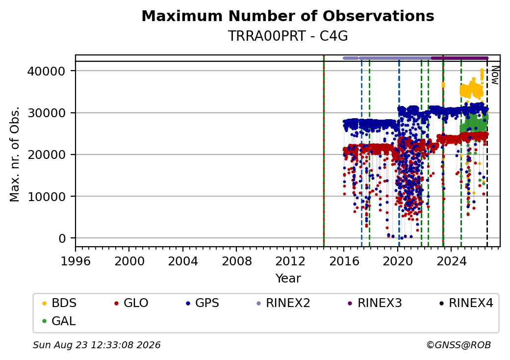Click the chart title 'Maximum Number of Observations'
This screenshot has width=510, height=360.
(288, 16)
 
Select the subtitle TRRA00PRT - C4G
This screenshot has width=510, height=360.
(288, 36)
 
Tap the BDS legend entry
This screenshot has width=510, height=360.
(59, 303)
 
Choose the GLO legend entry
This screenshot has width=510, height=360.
(131, 303)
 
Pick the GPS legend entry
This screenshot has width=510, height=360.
(203, 303)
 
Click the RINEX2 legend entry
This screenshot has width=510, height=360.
(283, 303)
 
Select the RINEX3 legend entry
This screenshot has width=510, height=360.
(375, 303)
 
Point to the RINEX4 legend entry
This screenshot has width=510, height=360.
(466, 303)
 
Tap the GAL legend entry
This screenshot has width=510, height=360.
(59, 321)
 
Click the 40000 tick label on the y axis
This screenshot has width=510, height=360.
(47, 71)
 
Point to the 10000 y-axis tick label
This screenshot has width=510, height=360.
(47, 196)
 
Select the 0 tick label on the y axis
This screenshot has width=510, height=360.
(62, 238)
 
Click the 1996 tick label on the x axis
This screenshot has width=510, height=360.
(76, 261)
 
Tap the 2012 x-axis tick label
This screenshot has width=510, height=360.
(290, 261)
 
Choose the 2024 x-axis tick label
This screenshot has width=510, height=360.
(451, 261)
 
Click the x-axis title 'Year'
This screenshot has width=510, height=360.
(288, 279)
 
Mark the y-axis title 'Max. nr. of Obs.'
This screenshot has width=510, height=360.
(15, 154)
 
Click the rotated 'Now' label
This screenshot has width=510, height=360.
(495, 75)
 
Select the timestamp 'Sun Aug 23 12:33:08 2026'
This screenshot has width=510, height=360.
(97, 345)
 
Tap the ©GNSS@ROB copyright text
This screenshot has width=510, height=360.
(459, 345)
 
